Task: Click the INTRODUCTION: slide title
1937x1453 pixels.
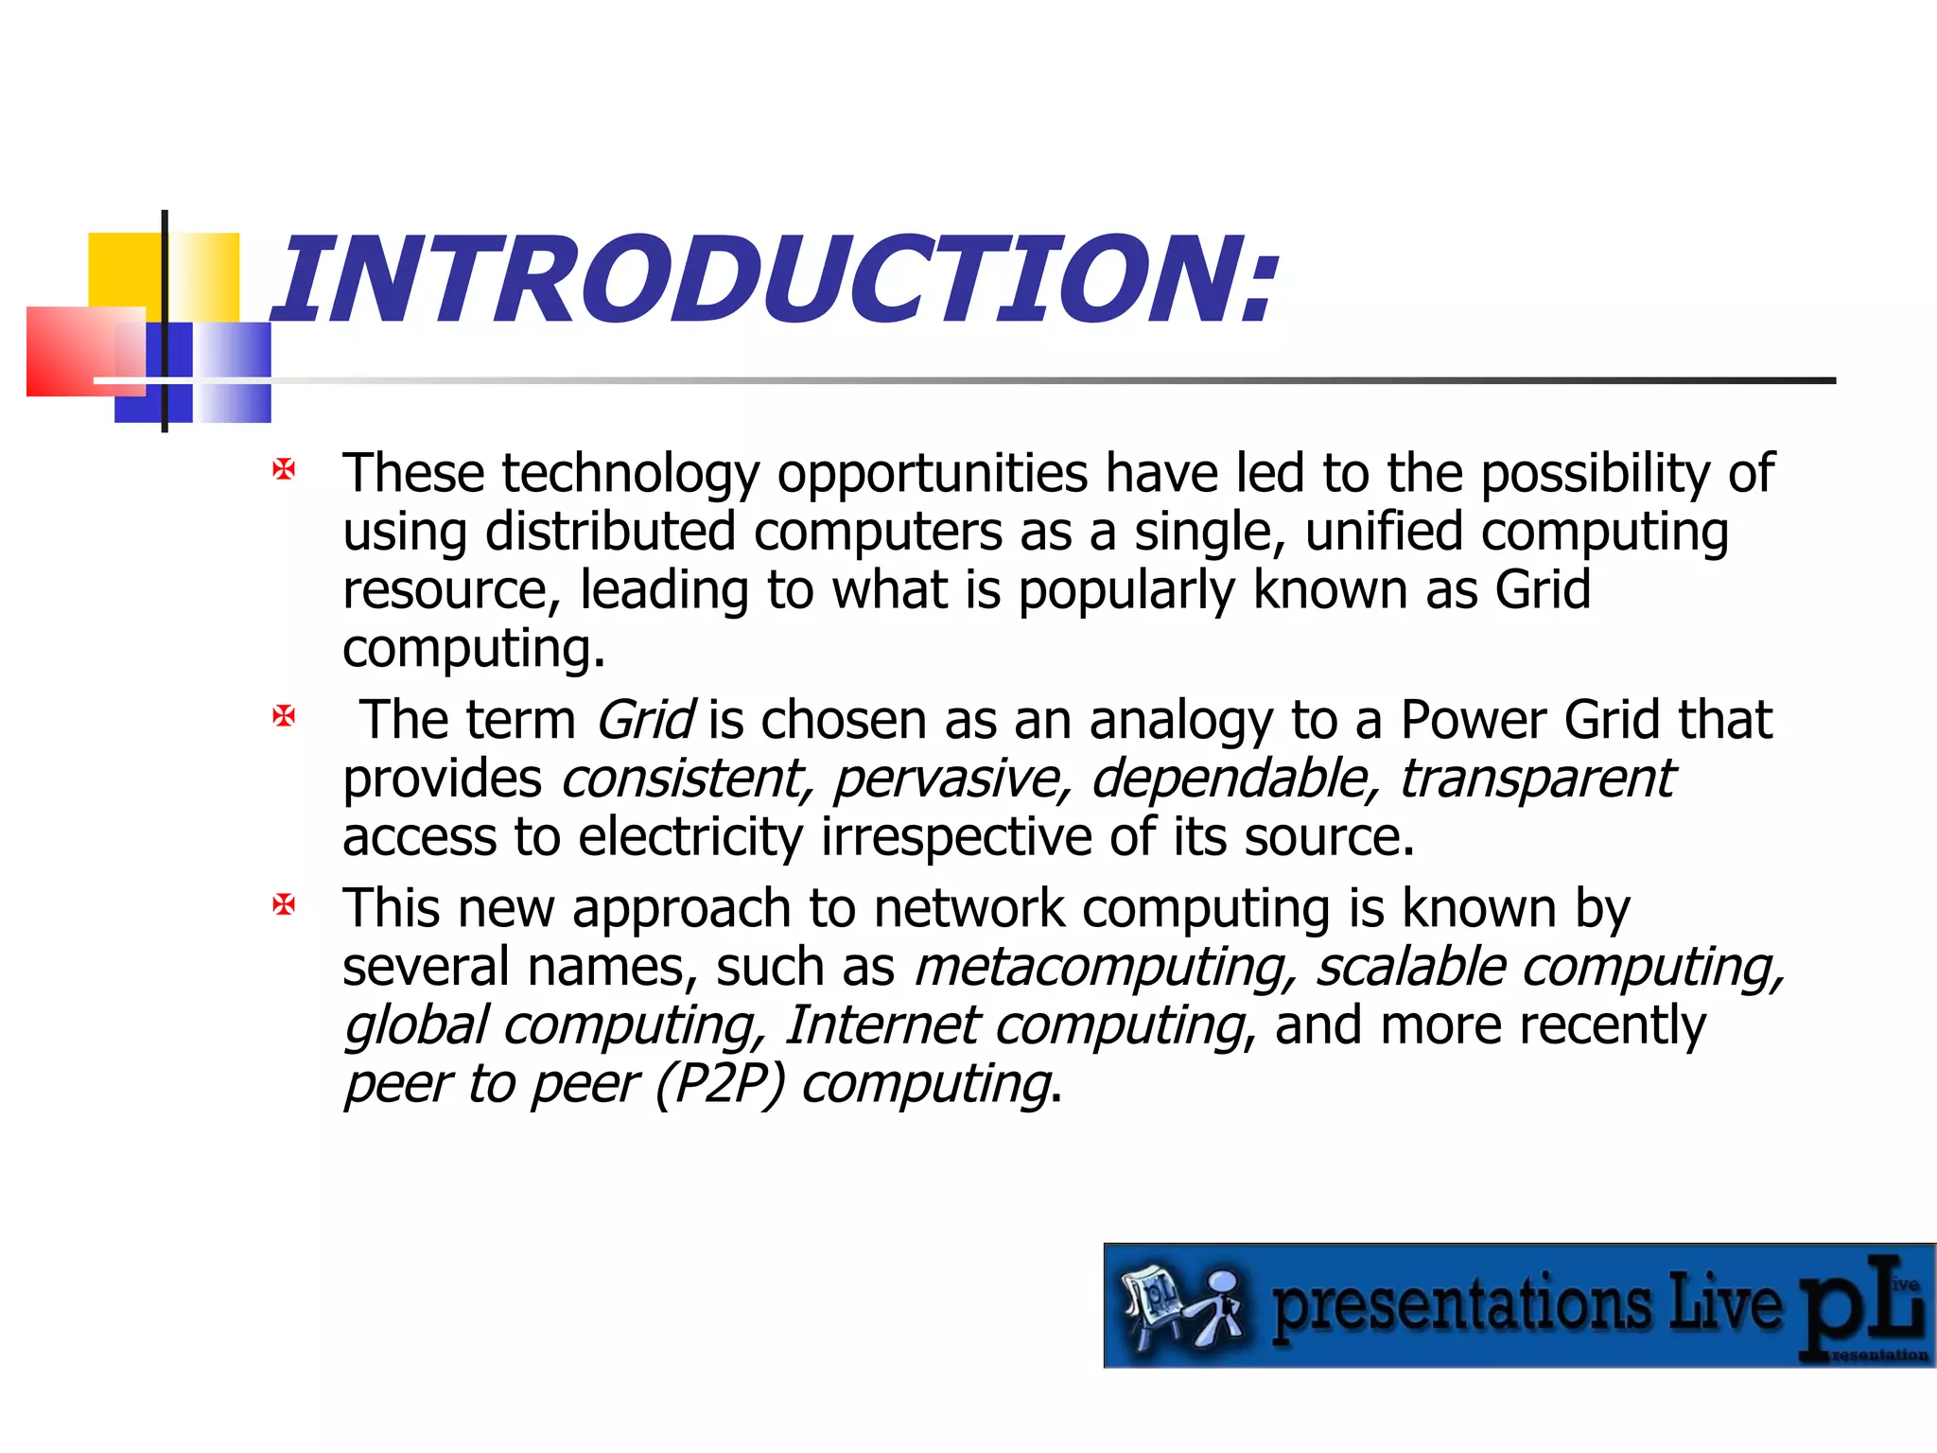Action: pyautogui.click(x=776, y=282)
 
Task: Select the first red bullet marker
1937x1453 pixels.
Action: pyautogui.click(x=284, y=469)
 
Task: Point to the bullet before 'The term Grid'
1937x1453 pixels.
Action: pyautogui.click(x=284, y=716)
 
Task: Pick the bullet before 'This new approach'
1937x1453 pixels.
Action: pyautogui.click(x=284, y=905)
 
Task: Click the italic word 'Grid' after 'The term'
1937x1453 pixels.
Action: pyautogui.click(x=646, y=721)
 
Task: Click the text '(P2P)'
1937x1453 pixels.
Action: pyautogui.click(x=720, y=1084)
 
